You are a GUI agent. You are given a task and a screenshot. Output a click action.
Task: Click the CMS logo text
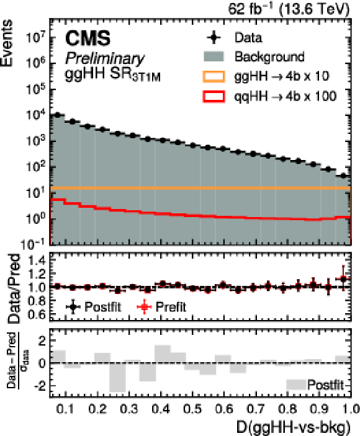(88, 38)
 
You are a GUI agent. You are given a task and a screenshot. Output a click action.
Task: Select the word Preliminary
(105, 59)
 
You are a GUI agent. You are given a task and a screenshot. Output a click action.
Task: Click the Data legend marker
(214, 38)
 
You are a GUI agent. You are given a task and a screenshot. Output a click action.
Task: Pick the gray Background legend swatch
(214, 56)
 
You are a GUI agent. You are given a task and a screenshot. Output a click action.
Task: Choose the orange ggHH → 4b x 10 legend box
(214, 76)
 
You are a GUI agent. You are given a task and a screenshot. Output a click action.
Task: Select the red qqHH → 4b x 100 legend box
(214, 97)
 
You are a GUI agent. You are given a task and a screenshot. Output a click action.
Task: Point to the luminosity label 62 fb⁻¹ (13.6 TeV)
(289, 9)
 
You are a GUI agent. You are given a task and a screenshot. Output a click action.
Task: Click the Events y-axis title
(7, 43)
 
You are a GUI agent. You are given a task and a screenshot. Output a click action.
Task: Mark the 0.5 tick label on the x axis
(193, 409)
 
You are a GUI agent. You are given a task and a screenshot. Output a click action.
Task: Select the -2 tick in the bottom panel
(39, 386)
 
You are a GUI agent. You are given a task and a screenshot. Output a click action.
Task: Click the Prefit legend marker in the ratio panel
(144, 307)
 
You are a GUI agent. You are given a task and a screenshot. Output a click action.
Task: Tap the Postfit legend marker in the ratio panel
(73, 307)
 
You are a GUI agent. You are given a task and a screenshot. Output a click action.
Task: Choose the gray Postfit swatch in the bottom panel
(296, 385)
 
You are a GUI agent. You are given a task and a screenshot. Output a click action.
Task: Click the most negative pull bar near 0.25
(117, 377)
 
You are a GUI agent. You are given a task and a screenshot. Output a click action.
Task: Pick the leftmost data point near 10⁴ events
(57, 115)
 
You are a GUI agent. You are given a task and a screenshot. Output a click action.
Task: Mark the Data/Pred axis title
(14, 288)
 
